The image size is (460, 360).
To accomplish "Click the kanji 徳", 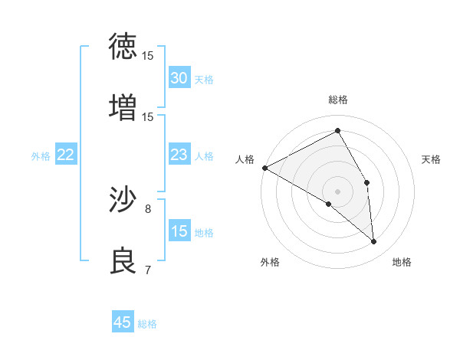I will click(123, 47).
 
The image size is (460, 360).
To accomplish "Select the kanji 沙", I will click(123, 200).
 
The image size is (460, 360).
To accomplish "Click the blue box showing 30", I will click(179, 78).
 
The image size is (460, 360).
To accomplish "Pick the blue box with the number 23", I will click(179, 155).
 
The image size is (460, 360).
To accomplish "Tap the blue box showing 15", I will click(179, 231).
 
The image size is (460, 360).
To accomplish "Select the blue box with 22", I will click(65, 155).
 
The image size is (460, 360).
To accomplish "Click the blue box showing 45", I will click(123, 322).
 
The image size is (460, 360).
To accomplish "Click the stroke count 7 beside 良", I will click(148, 270).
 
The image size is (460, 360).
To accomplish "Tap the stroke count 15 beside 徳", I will click(148, 56).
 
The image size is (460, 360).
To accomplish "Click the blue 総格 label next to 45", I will click(147, 324).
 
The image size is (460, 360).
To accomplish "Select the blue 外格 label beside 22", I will click(41, 156).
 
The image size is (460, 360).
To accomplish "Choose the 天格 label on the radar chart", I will click(432, 159).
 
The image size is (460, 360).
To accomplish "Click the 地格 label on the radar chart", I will click(402, 262).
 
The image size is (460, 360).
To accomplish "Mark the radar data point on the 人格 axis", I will click(264, 168).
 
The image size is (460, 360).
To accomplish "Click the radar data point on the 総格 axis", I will click(337, 130).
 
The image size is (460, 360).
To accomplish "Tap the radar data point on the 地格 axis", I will click(373, 241).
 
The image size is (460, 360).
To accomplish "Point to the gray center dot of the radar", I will click(337, 191).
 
